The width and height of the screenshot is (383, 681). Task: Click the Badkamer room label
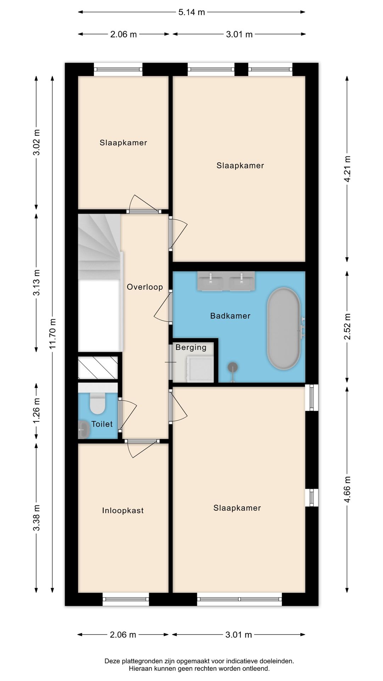click(x=230, y=316)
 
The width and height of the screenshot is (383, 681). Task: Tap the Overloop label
click(x=145, y=287)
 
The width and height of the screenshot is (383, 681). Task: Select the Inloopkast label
click(x=123, y=510)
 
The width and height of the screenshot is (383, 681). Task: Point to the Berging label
click(x=191, y=347)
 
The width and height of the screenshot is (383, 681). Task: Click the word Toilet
click(x=102, y=424)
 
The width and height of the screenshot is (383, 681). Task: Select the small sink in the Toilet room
click(x=84, y=430)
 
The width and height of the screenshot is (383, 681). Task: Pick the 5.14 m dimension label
click(x=191, y=12)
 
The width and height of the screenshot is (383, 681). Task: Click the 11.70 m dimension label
click(x=53, y=333)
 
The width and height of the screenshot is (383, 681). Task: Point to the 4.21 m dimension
click(x=348, y=169)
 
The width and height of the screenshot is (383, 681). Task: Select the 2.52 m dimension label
click(x=348, y=326)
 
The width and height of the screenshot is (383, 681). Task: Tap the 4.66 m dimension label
click(x=348, y=489)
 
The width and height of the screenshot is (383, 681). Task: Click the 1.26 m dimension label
click(x=37, y=411)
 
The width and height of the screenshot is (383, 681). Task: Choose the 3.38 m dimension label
click(x=37, y=517)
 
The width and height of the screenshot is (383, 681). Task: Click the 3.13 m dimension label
click(x=37, y=282)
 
